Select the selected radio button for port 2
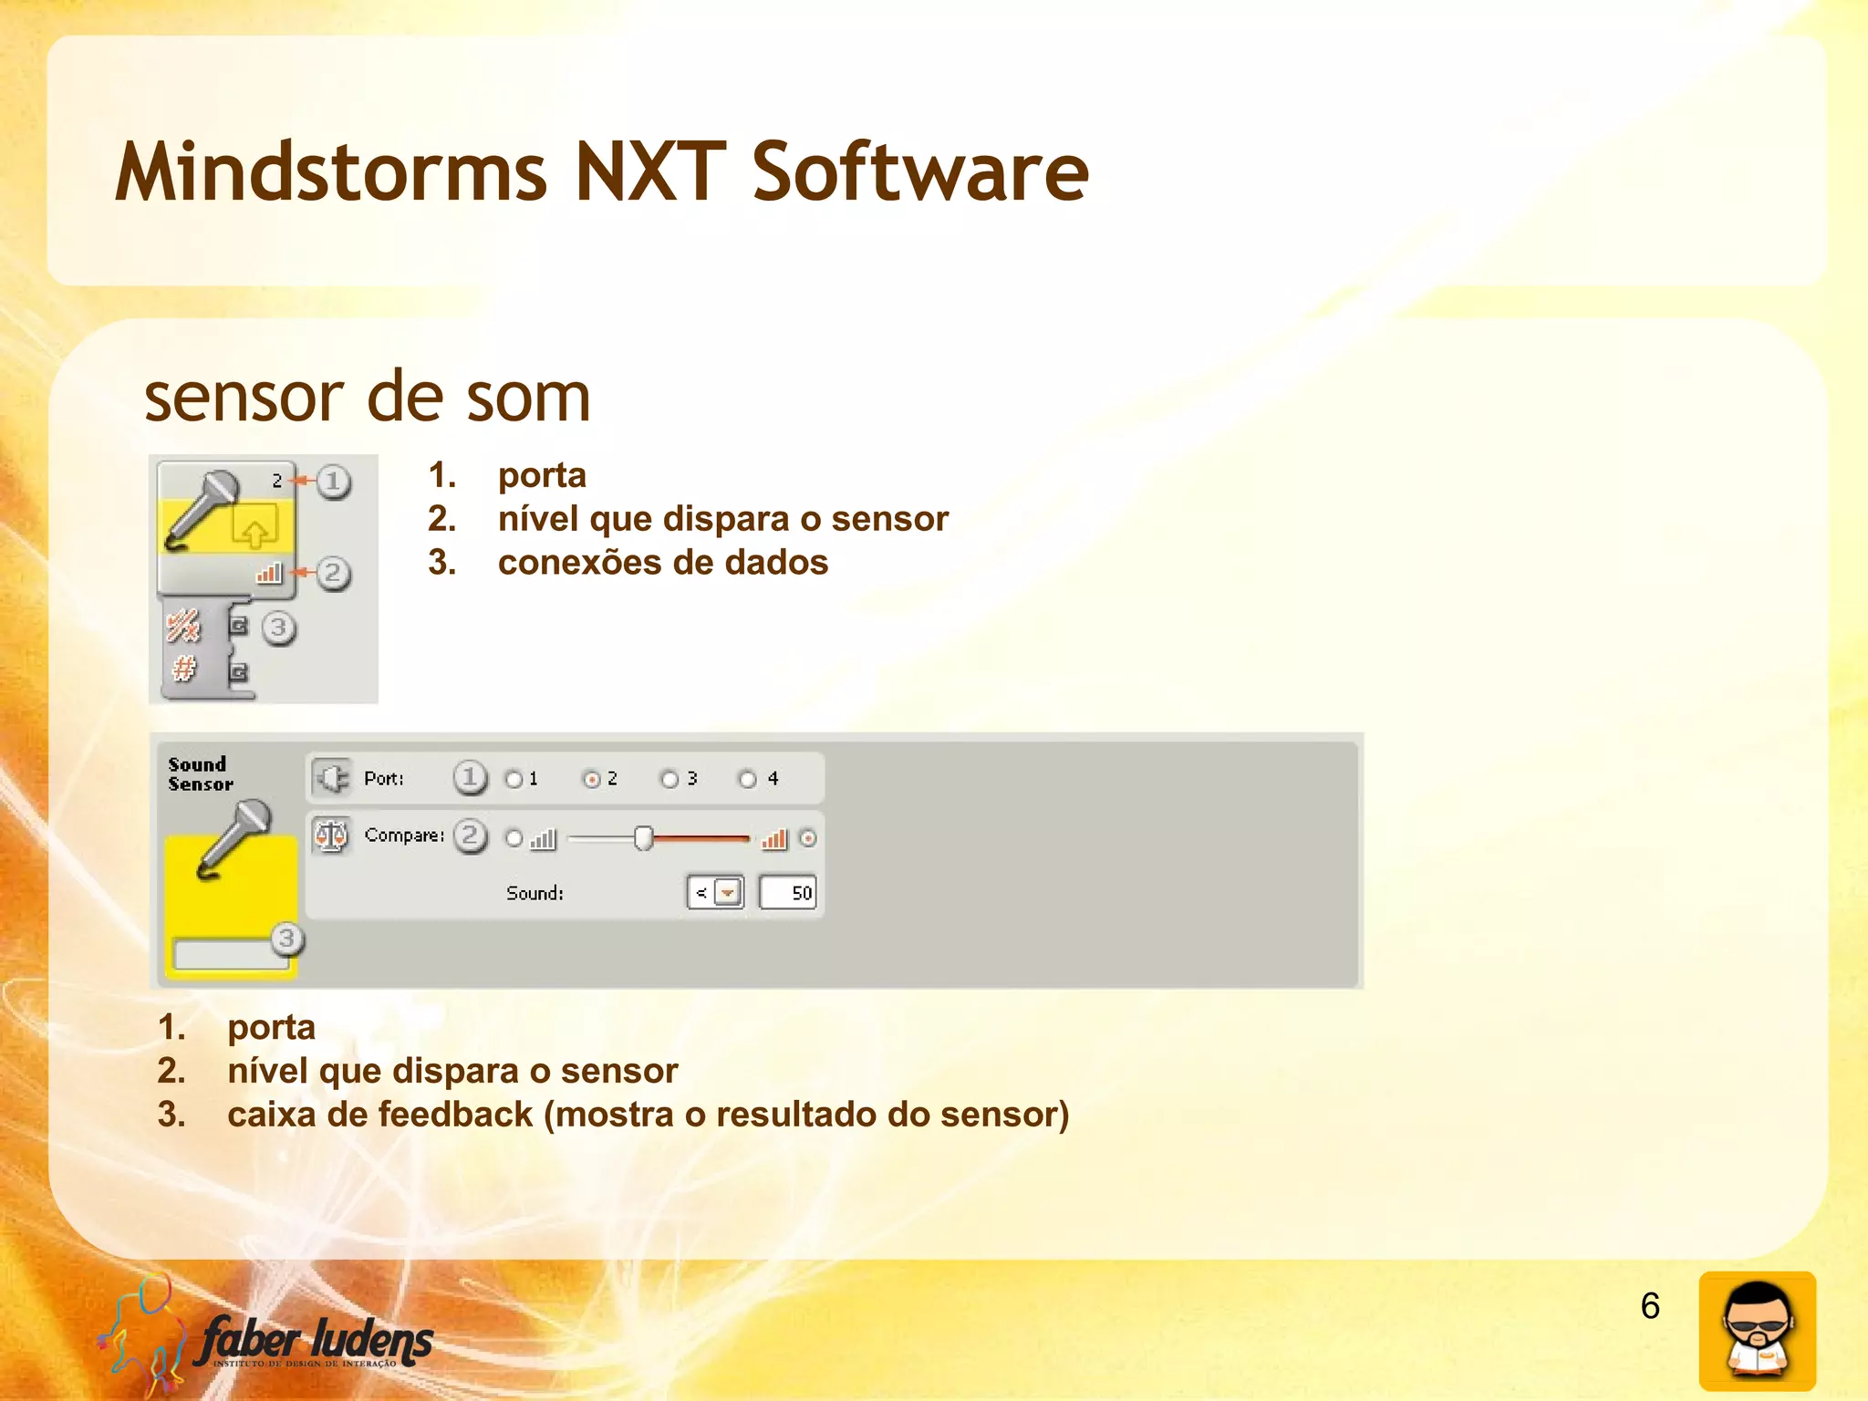coord(592,779)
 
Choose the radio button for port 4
coord(748,779)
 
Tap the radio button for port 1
coord(514,779)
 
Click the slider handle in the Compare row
coord(643,837)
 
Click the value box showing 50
coord(787,892)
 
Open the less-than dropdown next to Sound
coord(727,892)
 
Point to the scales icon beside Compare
coord(330,835)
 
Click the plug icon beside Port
coord(331,778)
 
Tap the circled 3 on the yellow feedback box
coord(286,938)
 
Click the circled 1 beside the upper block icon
coord(333,481)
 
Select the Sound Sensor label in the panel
coord(200,773)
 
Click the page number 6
coord(1650,1306)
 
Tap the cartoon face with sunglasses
coord(1757,1331)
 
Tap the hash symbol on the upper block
coord(184,669)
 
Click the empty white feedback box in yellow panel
coord(223,953)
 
